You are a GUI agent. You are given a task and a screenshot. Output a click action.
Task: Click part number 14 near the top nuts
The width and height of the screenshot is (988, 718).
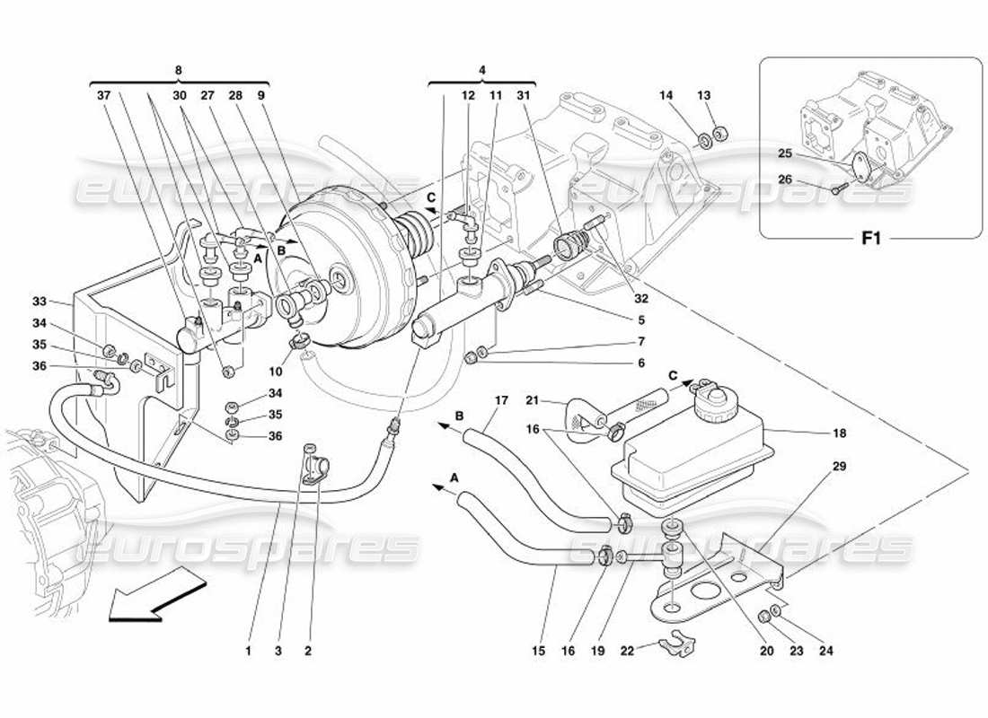pos(666,95)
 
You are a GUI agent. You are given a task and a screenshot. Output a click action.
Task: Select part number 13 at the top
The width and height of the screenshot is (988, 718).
pos(703,95)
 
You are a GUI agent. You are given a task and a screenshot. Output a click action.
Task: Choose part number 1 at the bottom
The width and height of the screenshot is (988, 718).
pos(248,652)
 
